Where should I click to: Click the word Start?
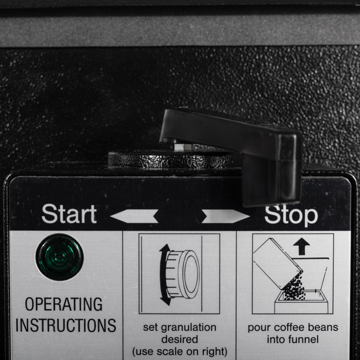click(69, 214)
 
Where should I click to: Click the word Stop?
click(291, 215)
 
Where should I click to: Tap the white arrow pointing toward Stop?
click(225, 216)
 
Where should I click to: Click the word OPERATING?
click(63, 304)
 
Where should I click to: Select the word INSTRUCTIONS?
click(66, 325)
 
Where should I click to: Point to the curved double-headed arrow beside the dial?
click(164, 274)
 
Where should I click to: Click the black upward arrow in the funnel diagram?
click(301, 246)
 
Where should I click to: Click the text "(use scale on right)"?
click(179, 351)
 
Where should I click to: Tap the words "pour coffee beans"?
click(292, 328)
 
